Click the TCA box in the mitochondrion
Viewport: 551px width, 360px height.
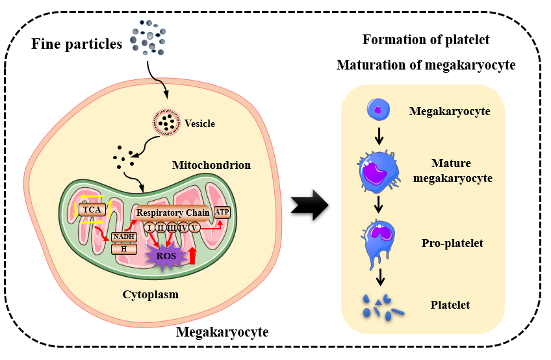(92, 210)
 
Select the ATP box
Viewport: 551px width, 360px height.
(222, 211)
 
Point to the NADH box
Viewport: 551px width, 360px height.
(123, 237)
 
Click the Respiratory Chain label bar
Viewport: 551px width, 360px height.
(173, 212)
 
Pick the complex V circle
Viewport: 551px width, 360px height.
(194, 227)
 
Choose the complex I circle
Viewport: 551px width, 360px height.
(150, 227)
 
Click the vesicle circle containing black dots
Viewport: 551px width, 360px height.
(167, 122)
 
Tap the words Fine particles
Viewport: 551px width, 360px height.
(77, 44)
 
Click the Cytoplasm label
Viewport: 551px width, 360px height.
(151, 294)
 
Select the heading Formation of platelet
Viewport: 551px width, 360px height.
(426, 40)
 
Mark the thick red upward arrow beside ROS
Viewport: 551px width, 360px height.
(192, 255)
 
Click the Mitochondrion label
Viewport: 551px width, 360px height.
(211, 165)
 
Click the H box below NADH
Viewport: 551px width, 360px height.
(123, 248)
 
